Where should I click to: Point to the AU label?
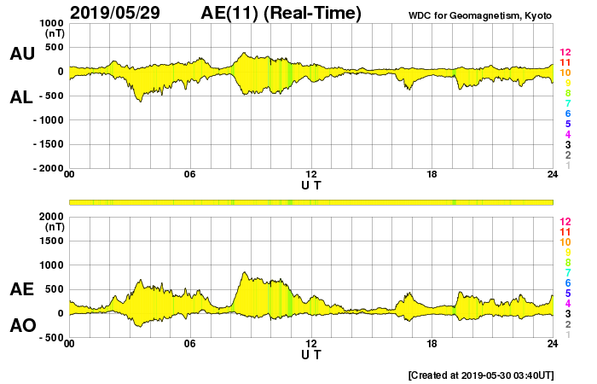pyautogui.click(x=21, y=54)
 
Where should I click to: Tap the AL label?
pyautogui.click(x=21, y=97)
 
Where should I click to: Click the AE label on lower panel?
pyautogui.click(x=21, y=289)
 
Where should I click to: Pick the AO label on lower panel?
pyautogui.click(x=21, y=325)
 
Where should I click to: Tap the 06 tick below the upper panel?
pyautogui.click(x=190, y=175)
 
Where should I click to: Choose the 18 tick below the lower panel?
pyautogui.click(x=432, y=344)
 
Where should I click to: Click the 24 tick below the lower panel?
pyautogui.click(x=553, y=344)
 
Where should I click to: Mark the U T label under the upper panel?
pyautogui.click(x=311, y=184)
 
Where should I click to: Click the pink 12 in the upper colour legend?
pyautogui.click(x=565, y=52)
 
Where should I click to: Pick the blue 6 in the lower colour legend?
pyautogui.click(x=567, y=282)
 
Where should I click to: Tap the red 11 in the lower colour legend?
pyautogui.click(x=565, y=231)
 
